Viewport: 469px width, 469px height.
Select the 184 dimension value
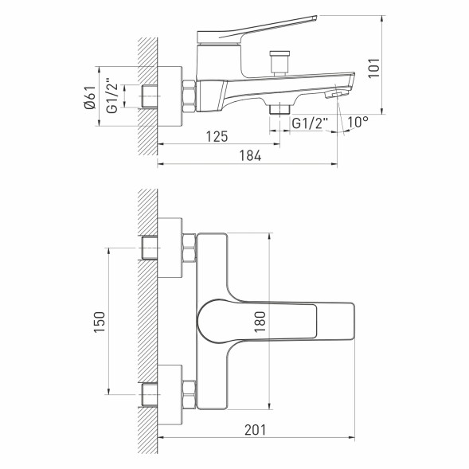tap(250, 155)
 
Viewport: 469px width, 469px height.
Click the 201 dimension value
tap(253, 429)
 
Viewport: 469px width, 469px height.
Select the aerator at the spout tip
tap(334, 95)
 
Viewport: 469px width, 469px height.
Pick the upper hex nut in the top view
tap(189, 248)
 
